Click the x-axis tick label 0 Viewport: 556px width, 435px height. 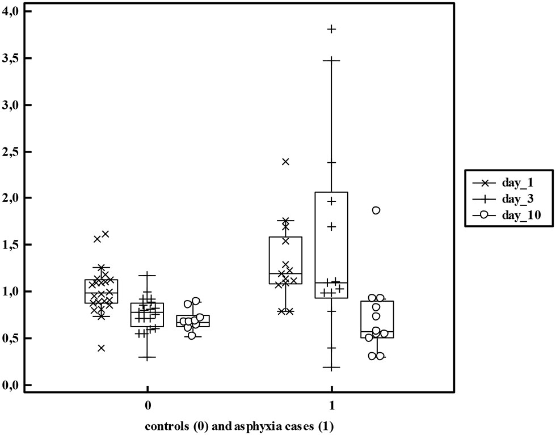tap(147, 406)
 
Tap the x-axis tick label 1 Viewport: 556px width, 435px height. tap(331, 406)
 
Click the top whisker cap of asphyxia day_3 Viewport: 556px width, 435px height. tap(331, 59)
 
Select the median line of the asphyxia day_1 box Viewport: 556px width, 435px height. tap(285, 273)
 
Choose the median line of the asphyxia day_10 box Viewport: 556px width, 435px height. tap(377, 332)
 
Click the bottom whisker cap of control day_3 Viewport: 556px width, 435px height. tap(147, 358)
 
